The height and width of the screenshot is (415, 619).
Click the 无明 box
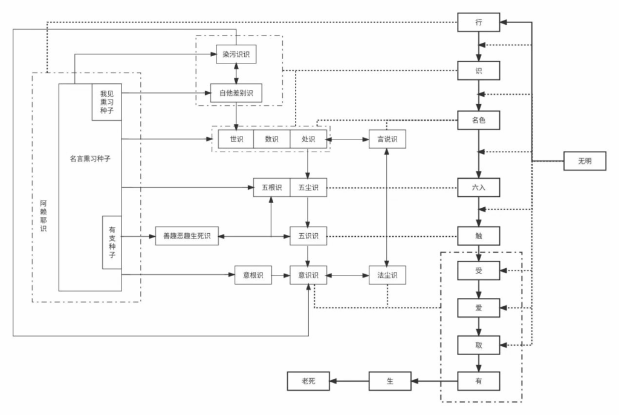point(585,161)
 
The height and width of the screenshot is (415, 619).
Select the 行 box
point(478,23)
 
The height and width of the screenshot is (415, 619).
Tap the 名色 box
point(478,120)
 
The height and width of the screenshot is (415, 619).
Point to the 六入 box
point(478,188)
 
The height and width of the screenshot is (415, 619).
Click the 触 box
point(478,236)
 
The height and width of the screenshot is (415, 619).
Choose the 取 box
point(478,344)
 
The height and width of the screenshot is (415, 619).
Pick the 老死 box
point(308,381)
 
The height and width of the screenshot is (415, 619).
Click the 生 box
point(390,381)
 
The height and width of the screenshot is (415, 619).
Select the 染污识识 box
point(236,54)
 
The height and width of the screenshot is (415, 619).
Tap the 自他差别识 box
point(236,92)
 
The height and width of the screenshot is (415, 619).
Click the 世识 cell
point(235,139)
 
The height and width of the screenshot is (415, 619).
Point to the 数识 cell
point(271,139)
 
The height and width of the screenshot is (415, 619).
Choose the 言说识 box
point(387,139)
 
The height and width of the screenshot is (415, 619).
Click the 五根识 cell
point(271,188)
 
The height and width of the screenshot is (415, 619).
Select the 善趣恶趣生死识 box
point(187,236)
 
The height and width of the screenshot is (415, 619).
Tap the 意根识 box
point(253,275)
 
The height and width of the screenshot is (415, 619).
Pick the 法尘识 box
point(387,275)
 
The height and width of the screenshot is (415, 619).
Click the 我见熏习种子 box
point(106,102)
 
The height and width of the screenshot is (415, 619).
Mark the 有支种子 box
point(112,242)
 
